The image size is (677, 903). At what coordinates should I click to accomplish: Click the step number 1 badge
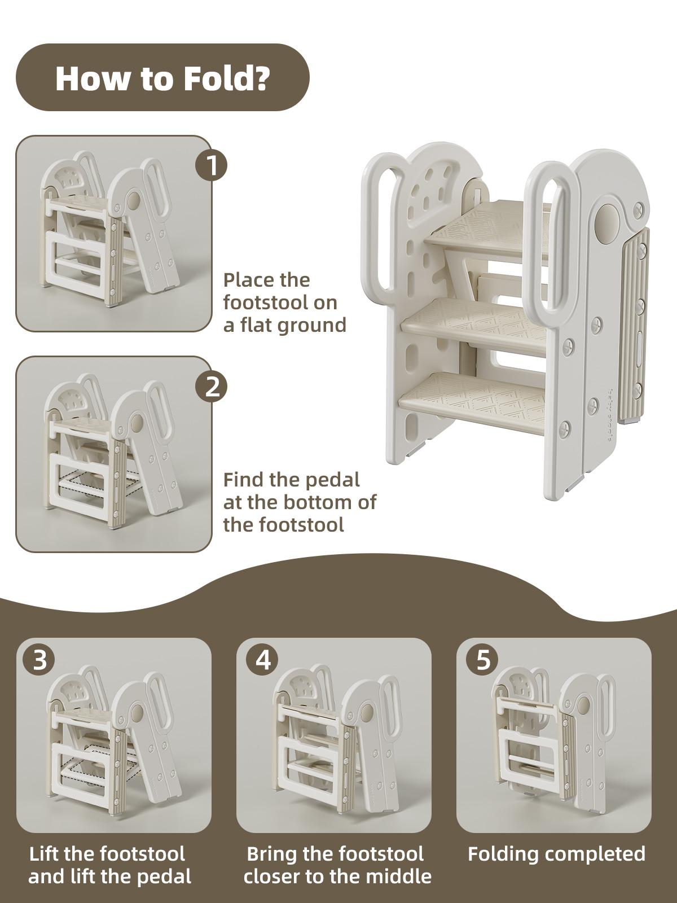pos(212,166)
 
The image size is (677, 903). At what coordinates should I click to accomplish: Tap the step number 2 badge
pos(212,387)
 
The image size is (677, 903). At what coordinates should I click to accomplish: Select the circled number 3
pos(39,660)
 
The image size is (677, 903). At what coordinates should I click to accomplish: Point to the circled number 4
pos(263,660)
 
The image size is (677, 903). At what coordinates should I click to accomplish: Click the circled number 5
pos(483,660)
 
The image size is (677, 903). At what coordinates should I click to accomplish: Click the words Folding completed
pos(556,854)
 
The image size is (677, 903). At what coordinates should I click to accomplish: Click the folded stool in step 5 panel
pos(553,734)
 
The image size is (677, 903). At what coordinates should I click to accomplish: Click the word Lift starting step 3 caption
pos(44,854)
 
